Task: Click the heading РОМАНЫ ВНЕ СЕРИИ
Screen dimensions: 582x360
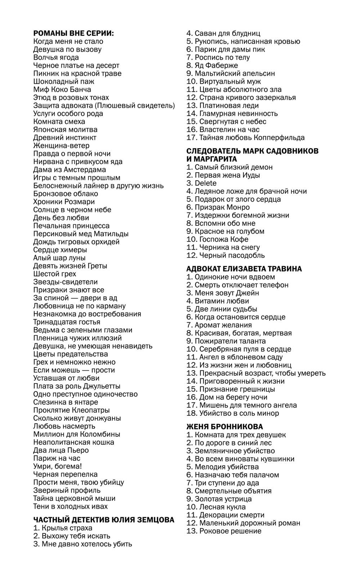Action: (x=73, y=33)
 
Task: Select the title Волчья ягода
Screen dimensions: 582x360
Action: (x=56, y=58)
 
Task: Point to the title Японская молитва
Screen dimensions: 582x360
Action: (x=65, y=130)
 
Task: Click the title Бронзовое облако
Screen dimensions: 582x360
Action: (x=66, y=194)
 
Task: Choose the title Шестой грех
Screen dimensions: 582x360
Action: (x=55, y=274)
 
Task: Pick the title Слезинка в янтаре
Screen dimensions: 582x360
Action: (x=66, y=402)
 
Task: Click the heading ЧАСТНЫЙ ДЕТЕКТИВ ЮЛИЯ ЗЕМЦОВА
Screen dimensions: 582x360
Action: (x=104, y=520)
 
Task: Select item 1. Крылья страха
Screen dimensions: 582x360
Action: (x=63, y=528)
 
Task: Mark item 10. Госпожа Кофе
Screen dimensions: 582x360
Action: (x=217, y=239)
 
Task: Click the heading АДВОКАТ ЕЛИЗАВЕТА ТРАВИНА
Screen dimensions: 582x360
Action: (x=244, y=269)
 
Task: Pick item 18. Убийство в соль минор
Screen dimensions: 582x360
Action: (x=233, y=413)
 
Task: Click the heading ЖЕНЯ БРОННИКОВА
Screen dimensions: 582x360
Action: (x=225, y=427)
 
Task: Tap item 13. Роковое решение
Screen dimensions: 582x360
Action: (x=224, y=531)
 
